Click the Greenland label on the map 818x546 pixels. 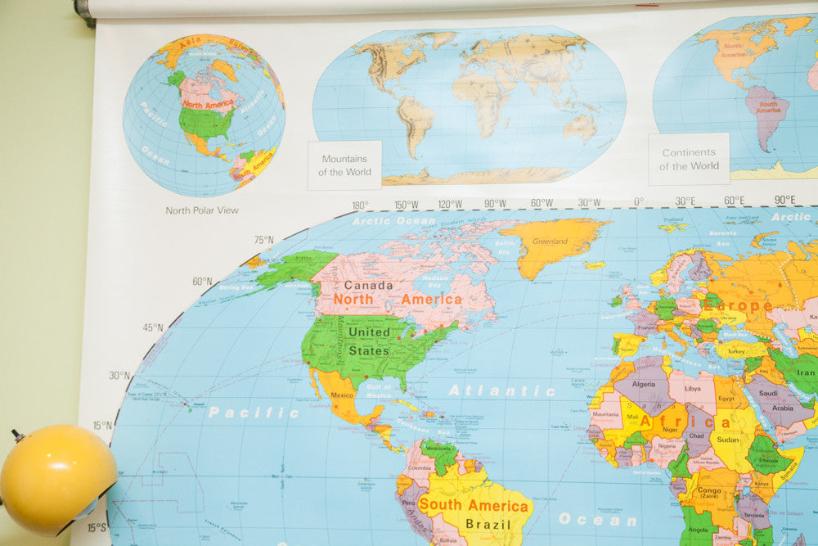point(550,241)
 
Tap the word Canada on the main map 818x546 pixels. point(368,285)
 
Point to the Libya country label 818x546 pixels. point(693,388)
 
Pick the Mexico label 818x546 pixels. point(342,396)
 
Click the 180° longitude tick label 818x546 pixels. point(360,205)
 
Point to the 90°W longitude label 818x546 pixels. point(494,204)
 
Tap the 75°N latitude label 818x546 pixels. point(263,240)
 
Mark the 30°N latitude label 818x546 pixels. point(119,375)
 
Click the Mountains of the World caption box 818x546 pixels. point(344,165)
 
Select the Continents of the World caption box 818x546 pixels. point(689,159)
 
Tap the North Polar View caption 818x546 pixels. point(202,210)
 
